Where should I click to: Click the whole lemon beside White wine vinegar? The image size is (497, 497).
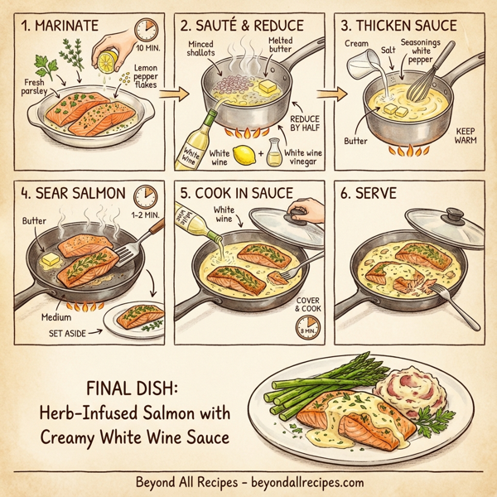tap(244, 155)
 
